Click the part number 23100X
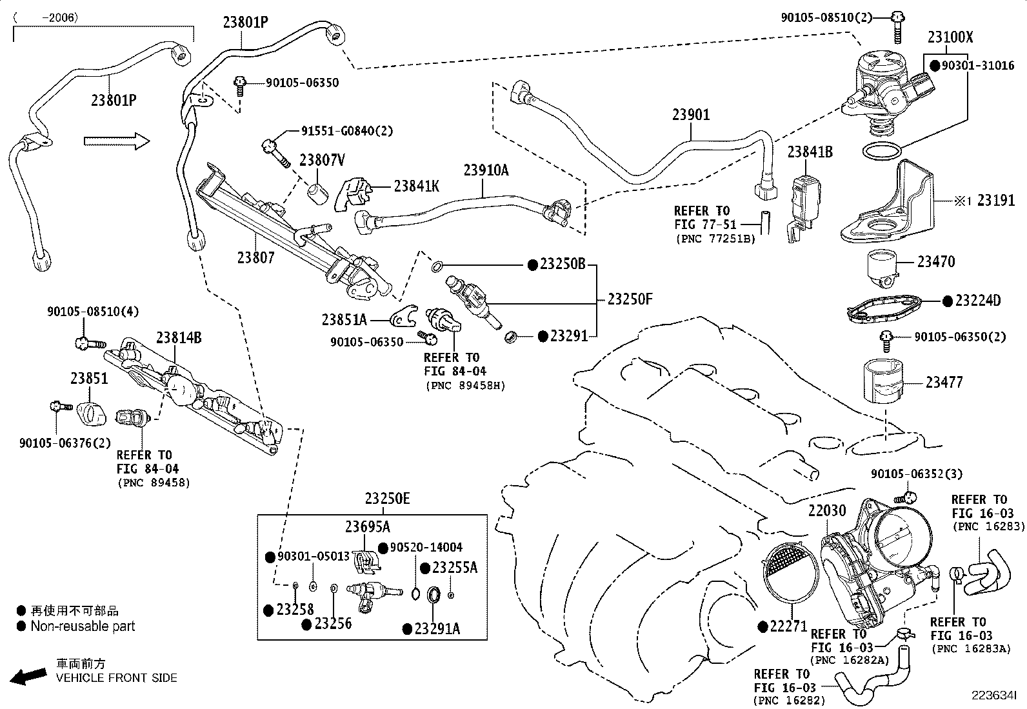point(950,37)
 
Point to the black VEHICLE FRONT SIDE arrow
point(30,676)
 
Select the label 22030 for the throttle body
point(826,511)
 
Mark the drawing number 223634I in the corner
point(994,695)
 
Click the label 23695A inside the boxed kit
point(367,526)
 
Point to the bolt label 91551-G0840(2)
point(346,130)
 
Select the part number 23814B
point(178,337)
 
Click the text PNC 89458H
point(465,386)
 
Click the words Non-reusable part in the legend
point(83,626)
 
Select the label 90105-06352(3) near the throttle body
point(916,474)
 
